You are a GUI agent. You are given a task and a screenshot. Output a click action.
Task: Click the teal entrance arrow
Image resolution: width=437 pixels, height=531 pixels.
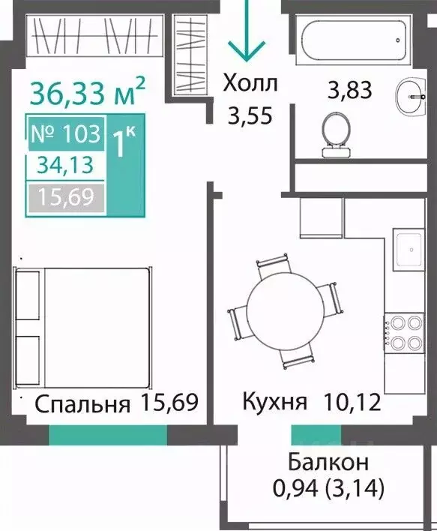(247, 31)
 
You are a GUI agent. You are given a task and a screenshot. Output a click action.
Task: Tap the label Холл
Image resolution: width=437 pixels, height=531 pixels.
(250, 84)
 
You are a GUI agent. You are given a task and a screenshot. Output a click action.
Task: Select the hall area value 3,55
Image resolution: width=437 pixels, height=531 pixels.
(250, 115)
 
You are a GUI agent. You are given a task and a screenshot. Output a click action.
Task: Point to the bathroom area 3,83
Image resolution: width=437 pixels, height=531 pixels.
(350, 91)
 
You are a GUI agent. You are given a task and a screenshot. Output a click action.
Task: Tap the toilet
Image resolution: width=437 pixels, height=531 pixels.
(335, 134)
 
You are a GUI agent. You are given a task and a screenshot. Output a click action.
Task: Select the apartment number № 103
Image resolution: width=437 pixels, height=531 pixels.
(66, 133)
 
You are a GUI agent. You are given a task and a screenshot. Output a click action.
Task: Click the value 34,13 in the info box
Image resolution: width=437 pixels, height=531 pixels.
(65, 166)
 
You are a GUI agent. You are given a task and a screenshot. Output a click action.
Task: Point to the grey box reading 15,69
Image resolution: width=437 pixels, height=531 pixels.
(67, 198)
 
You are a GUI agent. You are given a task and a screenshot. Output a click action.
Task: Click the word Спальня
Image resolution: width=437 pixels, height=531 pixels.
(83, 404)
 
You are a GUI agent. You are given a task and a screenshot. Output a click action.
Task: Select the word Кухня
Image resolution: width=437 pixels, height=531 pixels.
(275, 402)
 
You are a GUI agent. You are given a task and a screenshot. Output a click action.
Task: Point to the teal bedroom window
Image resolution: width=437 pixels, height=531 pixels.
(109, 434)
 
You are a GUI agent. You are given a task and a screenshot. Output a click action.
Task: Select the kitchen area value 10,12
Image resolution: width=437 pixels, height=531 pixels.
(353, 402)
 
